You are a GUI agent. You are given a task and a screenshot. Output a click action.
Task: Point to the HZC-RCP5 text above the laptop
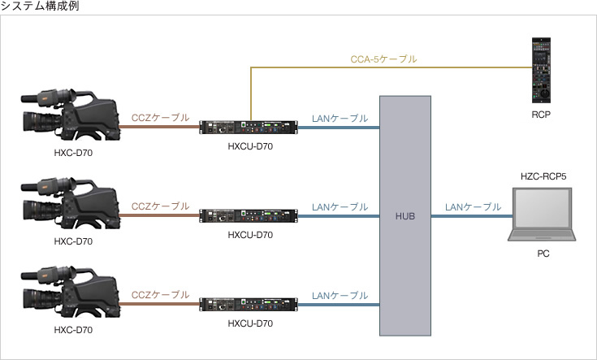543,176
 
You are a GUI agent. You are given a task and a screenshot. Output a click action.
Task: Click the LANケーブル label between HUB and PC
473,207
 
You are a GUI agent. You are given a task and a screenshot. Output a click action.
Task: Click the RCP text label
542,115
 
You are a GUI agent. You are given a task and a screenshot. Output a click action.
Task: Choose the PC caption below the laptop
543,254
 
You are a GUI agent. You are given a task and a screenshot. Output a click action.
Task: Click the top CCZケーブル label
161,119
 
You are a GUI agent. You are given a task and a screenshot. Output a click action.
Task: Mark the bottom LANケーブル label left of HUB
340,296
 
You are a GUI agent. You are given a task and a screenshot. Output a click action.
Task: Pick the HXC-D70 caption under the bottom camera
73,329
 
